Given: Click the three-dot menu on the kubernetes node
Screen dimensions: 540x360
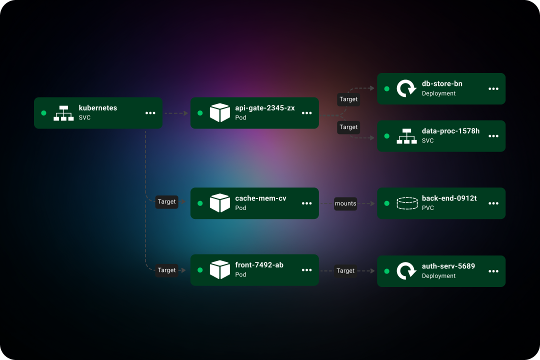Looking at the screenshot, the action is coord(150,113).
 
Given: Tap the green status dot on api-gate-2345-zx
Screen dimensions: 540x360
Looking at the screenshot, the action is coord(200,113).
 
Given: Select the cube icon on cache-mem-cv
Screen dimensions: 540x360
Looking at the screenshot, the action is coord(219,203).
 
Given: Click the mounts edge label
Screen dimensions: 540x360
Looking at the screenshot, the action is coord(345,203).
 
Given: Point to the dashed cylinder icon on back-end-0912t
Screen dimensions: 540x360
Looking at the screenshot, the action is coord(406,203).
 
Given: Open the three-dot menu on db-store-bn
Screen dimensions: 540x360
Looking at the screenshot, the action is coord(493,88).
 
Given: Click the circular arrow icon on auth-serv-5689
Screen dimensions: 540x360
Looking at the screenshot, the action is coord(406,271).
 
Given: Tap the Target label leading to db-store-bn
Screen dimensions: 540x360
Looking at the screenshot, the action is coord(348,99).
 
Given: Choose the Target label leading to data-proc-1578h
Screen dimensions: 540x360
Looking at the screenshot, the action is coord(348,127).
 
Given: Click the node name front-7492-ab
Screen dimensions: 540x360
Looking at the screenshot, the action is coord(259,265).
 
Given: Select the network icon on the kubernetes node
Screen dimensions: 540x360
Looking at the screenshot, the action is coord(63,113).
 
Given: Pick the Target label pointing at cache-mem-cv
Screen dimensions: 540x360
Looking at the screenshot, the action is coord(166,201).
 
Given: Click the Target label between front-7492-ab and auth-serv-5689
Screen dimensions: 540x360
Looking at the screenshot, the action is coord(345,270).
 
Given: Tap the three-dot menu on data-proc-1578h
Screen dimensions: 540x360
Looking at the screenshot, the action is coord(493,136).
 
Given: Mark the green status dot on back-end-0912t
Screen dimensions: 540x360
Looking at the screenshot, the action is coord(386,203).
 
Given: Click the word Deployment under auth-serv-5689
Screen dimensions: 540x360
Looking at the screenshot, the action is coord(438,276).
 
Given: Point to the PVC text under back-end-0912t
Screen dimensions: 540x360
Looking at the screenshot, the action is coord(427,208).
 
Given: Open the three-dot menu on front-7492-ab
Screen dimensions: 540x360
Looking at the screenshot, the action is coord(307,270).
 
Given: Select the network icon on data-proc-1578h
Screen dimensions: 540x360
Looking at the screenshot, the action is coord(406,136).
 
